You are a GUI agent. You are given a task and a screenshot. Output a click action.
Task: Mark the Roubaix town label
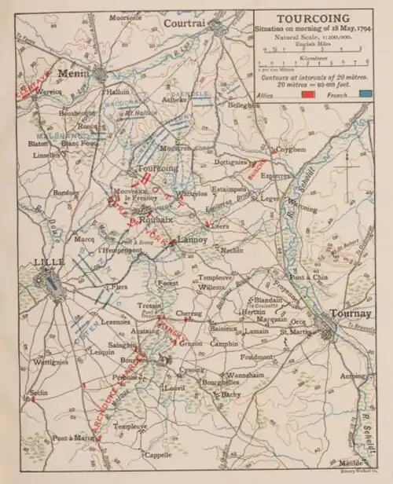click(x=150, y=222)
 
